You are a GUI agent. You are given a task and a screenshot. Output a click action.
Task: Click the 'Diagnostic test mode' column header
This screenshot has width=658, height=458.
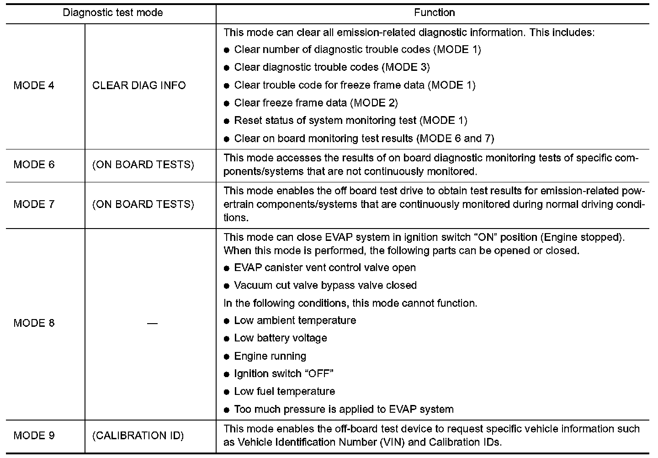112,13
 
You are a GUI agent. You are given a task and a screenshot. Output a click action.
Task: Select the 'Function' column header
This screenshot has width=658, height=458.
434,13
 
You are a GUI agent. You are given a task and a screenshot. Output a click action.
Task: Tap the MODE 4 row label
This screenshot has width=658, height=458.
34,85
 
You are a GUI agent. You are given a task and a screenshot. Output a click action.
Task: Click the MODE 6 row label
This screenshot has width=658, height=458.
34,165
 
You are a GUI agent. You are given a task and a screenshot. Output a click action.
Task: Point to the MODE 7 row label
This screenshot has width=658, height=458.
34,204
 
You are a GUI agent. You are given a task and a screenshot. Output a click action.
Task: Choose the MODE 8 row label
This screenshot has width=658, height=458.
34,323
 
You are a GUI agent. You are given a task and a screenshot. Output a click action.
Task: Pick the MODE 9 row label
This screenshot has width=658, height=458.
34,436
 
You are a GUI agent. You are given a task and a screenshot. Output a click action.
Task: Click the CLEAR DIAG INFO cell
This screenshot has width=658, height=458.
139,85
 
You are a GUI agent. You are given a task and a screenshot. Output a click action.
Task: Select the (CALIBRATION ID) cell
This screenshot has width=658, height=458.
138,436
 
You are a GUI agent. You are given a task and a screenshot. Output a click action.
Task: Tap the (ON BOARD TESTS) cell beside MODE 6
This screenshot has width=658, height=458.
143,165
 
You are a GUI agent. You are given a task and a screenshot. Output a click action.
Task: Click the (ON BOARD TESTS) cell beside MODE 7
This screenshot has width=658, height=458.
143,204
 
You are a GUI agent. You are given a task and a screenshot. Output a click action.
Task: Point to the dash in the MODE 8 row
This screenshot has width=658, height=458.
153,324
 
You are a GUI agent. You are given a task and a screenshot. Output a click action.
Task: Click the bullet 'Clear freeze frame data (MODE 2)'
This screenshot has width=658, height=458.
316,103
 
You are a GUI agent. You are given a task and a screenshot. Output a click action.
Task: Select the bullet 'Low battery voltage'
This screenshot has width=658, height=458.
281,338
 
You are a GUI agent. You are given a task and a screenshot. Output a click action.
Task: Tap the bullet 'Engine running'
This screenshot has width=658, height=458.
270,356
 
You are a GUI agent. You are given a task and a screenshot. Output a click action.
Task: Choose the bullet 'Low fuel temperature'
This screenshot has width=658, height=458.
284,392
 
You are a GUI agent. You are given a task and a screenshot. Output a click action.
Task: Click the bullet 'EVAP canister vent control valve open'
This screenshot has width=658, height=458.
325,268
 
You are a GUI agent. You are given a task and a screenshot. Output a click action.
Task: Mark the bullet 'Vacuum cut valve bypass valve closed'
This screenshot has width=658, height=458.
325,286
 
